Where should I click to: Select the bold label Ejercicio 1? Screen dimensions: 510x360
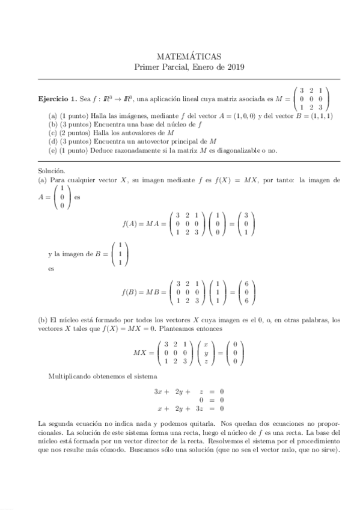pos(57,98)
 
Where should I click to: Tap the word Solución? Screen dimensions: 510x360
pos(50,171)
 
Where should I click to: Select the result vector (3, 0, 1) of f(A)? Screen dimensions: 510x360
pos(245,224)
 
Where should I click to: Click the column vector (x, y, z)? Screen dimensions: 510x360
pos(205,352)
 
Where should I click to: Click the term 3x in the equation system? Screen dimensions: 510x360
pos(159,391)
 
